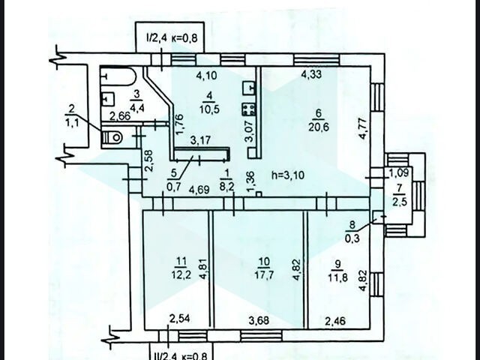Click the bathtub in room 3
pyautogui.click(x=118, y=76)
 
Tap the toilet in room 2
pyautogui.click(x=112, y=137)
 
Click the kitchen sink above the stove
pyautogui.click(x=249, y=88)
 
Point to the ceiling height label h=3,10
pyautogui.click(x=288, y=175)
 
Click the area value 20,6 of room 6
pyautogui.click(x=319, y=127)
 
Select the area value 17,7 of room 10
pyautogui.click(x=264, y=275)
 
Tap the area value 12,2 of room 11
pyautogui.click(x=181, y=274)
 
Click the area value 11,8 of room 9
pyautogui.click(x=337, y=278)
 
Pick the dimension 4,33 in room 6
pyautogui.click(x=312, y=74)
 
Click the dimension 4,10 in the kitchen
pyautogui.click(x=207, y=75)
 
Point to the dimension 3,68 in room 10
pyautogui.click(x=259, y=320)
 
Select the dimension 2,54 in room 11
pyautogui.click(x=180, y=319)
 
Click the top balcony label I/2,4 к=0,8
pyautogui.click(x=172, y=38)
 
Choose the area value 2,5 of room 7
pyautogui.click(x=400, y=202)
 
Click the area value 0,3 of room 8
pyautogui.click(x=352, y=238)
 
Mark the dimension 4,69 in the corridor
pyautogui.click(x=199, y=190)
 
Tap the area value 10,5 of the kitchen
pyautogui.click(x=210, y=109)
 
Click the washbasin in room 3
pyautogui.click(x=107, y=98)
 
